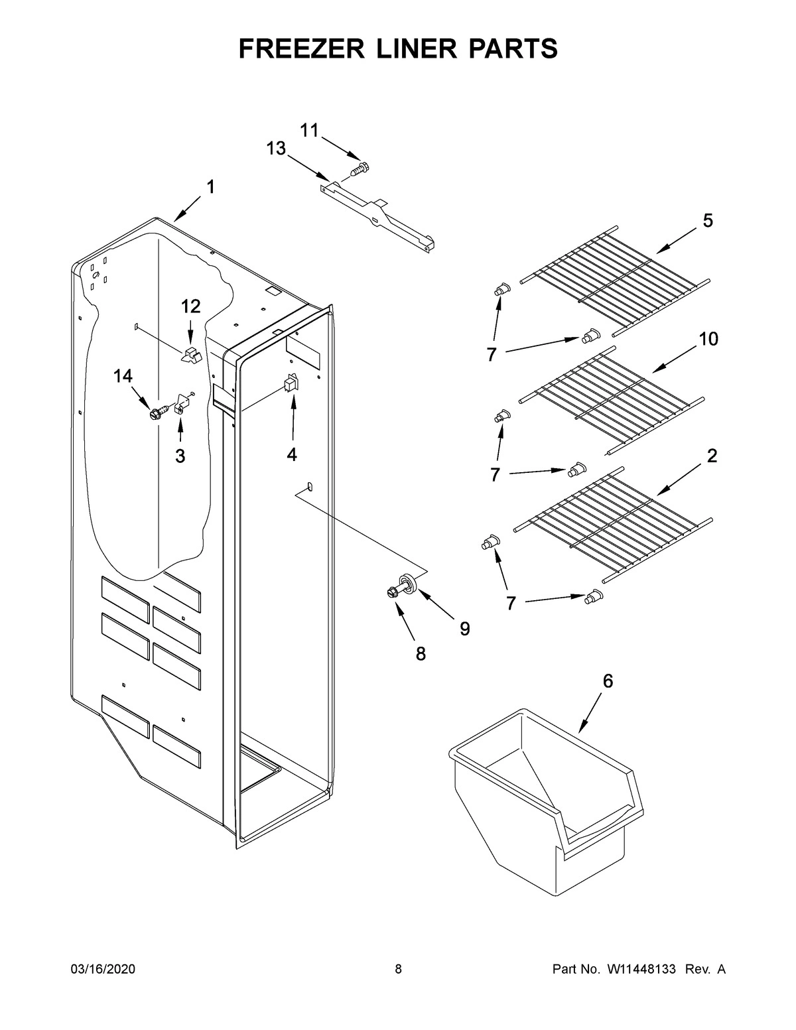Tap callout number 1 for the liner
[x=210, y=188]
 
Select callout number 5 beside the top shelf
[x=708, y=221]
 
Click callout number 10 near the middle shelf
[x=708, y=339]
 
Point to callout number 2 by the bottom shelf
[x=712, y=456]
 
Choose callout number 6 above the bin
[x=608, y=681]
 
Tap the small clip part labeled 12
[x=191, y=353]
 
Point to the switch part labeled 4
[x=291, y=385]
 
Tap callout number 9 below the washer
[x=464, y=628]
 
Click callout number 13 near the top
[x=276, y=149]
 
